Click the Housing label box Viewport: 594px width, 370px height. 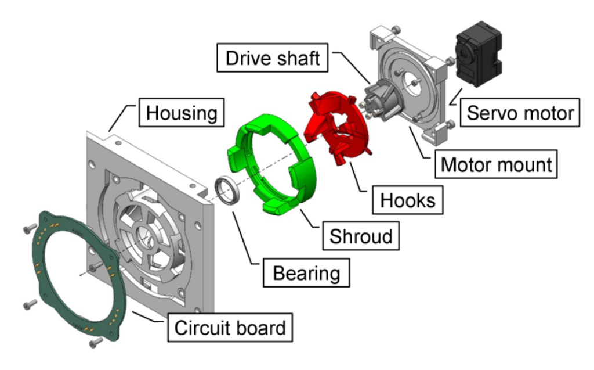click(180, 112)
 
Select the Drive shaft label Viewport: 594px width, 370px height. click(273, 59)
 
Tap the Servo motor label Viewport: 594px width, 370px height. click(520, 112)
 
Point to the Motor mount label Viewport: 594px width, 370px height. click(496, 164)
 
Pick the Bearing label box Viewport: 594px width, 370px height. click(306, 272)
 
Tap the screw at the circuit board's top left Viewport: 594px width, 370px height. click(28, 229)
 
